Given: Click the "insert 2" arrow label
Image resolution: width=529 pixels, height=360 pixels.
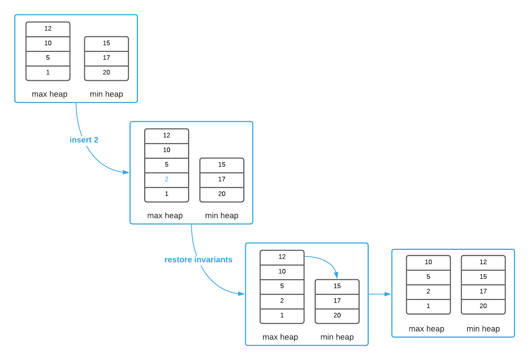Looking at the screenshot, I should coord(84,140).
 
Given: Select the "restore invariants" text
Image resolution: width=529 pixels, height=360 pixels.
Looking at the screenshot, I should coord(198,260).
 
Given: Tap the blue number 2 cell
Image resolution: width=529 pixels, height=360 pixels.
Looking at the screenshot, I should coord(166,179).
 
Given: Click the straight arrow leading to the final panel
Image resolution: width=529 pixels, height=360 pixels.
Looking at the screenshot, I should coord(380,294).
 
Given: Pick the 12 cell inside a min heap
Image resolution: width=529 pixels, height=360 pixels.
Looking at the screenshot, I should coord(483,262).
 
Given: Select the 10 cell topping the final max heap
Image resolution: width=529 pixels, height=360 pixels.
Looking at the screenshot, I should coord(428,262).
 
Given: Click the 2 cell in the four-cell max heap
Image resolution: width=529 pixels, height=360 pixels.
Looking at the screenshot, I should coord(428,292).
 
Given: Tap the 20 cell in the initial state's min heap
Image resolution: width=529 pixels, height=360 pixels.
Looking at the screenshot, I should coord(106,72).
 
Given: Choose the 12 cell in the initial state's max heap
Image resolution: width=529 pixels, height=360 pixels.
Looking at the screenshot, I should coord(48,29).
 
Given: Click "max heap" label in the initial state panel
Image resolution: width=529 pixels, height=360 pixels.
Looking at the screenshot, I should coord(49,94).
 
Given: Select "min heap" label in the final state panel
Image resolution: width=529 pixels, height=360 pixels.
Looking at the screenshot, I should coord(483,329).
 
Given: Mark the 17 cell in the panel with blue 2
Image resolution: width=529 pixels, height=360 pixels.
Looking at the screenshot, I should coord(222,179).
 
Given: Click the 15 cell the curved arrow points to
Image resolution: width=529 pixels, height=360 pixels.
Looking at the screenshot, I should coord(337,286).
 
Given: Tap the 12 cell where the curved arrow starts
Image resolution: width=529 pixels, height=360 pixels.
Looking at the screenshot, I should coord(282,257).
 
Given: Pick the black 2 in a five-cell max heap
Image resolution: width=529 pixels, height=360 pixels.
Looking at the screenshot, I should coord(282,301).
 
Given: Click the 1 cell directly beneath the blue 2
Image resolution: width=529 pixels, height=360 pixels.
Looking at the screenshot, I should coord(166,194).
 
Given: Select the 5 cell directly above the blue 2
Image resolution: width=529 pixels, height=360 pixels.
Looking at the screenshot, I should coord(166,165).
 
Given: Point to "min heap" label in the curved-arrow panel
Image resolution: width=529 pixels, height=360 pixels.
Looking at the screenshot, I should coord(337,337).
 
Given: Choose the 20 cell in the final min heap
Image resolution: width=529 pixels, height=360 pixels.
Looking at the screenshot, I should coord(483,306).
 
